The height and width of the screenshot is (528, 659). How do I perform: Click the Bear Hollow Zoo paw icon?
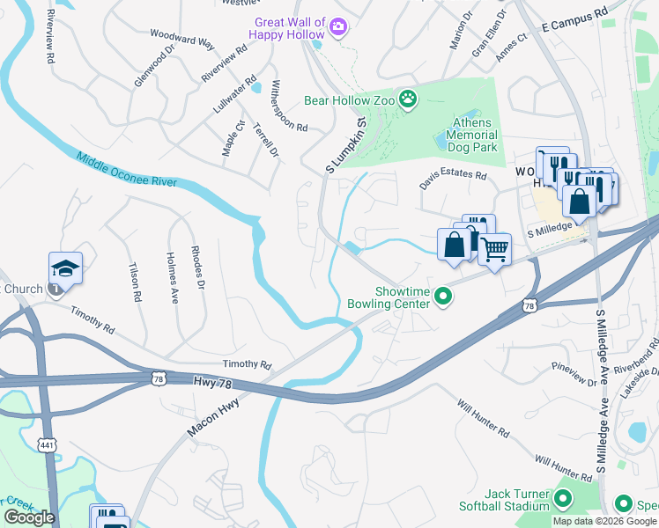[408, 99]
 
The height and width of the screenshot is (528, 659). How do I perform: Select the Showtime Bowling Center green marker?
[445, 300]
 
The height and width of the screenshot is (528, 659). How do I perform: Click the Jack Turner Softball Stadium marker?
[563, 502]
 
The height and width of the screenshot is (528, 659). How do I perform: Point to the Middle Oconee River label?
[126, 172]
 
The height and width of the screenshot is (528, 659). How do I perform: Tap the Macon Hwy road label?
[212, 414]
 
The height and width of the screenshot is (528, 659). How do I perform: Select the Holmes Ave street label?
[172, 278]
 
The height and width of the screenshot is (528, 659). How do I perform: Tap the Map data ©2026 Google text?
[603, 521]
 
